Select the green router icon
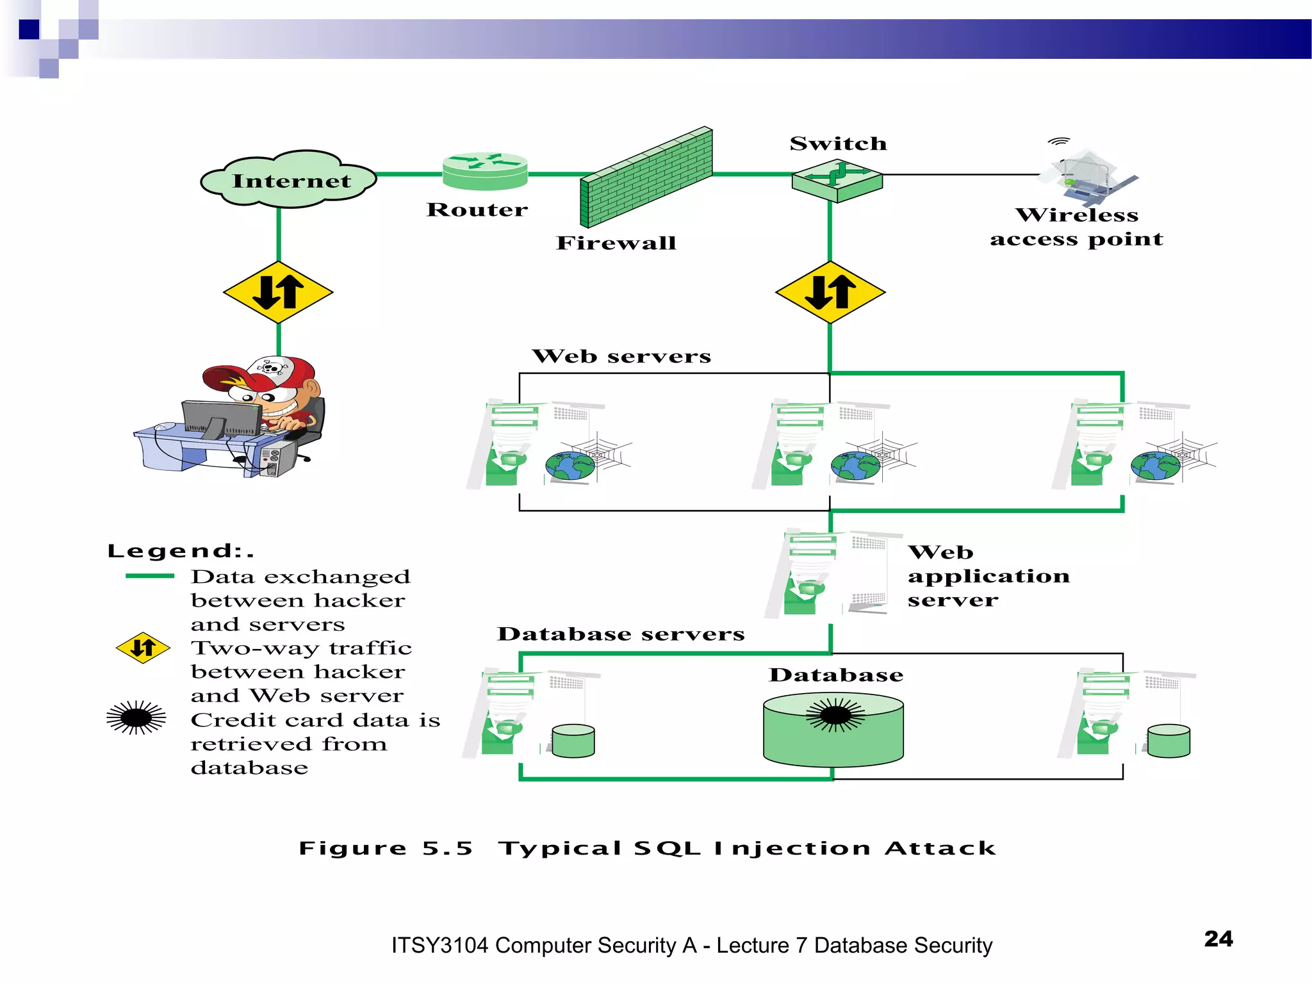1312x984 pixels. pos(485,172)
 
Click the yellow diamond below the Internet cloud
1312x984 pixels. pos(278,292)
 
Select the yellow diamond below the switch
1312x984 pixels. pos(830,292)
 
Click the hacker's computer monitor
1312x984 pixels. pos(222,418)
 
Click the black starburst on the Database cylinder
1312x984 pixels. pos(835,715)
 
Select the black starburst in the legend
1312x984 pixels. pos(136,717)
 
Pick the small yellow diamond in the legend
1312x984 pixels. pos(143,648)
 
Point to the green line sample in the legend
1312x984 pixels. pos(150,576)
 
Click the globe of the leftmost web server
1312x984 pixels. pos(570,466)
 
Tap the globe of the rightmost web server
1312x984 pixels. pos(1155,466)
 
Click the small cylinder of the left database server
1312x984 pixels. pos(573,741)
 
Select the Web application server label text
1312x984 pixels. pos(987,575)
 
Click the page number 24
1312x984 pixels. pos(1218,939)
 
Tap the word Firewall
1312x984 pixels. pos(616,243)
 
